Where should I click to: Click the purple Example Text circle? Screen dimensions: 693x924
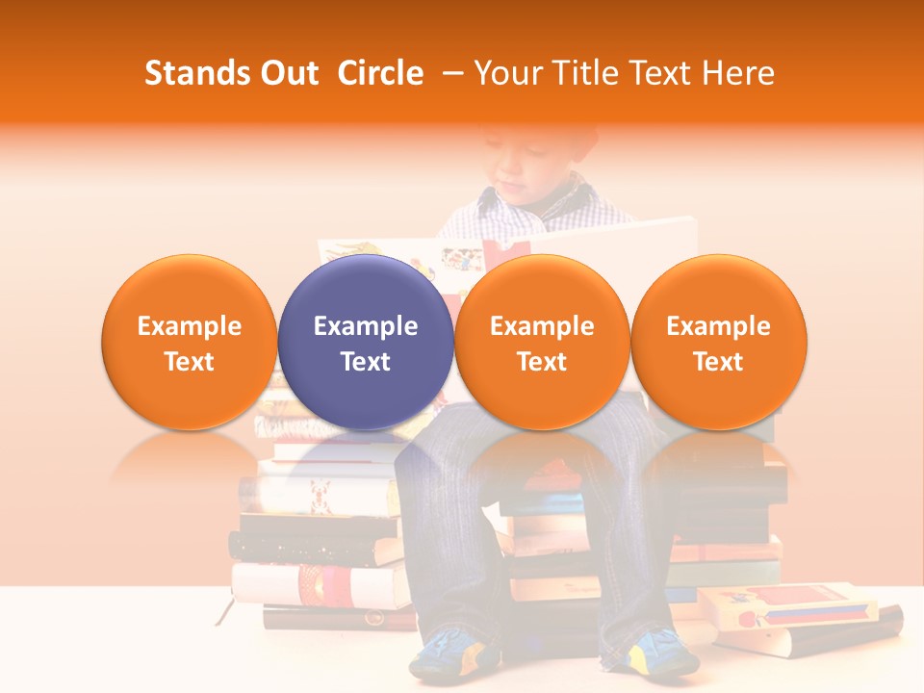[x=366, y=343]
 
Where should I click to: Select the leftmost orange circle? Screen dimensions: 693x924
[x=190, y=343]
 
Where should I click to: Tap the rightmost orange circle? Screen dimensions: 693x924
[x=718, y=343]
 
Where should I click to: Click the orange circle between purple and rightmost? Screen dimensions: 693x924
[x=542, y=343]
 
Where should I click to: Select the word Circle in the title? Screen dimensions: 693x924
[x=380, y=73]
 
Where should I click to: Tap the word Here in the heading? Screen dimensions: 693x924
[x=738, y=73]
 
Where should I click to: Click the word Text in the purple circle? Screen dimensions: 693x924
[x=366, y=362]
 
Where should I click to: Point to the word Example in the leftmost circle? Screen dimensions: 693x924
[x=190, y=326]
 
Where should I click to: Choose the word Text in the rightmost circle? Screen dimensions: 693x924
[x=718, y=362]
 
